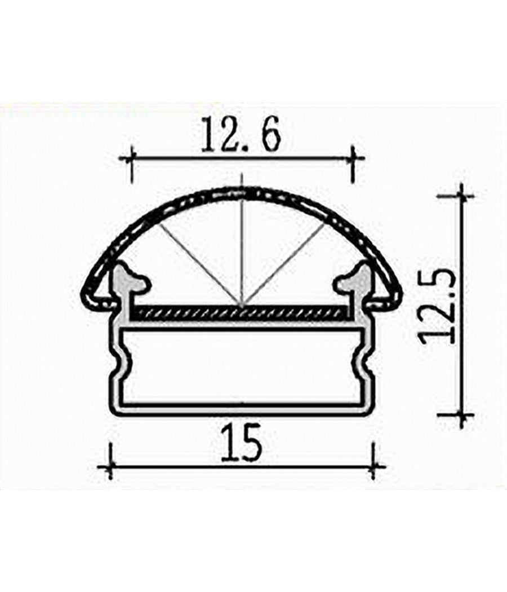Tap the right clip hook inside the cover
350,280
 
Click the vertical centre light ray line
241,248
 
